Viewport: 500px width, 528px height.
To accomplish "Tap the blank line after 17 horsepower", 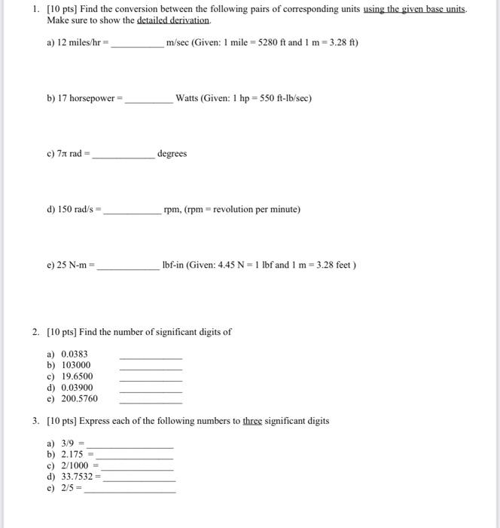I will point(148,100).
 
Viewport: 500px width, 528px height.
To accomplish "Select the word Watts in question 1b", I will point(188,98).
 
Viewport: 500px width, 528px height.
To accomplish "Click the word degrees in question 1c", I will point(172,154).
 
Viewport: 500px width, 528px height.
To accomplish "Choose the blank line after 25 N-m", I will point(127,268).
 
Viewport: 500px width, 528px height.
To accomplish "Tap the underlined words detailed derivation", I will point(174,20).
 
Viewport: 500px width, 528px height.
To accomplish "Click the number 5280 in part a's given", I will point(268,42).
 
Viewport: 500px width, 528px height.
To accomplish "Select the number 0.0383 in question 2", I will point(75,354).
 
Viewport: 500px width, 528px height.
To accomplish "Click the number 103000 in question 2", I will point(76,365).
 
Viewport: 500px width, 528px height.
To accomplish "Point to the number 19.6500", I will point(77,376).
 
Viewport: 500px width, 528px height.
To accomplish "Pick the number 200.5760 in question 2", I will point(79,398).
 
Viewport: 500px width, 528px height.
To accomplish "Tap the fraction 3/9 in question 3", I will point(69,444).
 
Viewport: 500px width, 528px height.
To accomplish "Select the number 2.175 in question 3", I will point(73,455).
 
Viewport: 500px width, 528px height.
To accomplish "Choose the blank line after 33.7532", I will point(139,480).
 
